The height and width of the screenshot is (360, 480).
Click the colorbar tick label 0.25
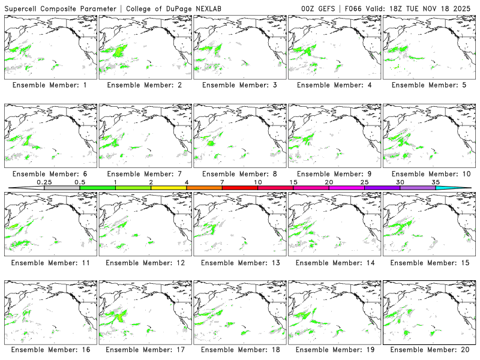44,182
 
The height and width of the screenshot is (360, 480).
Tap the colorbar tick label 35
436,182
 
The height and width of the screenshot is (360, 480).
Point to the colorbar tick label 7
222,182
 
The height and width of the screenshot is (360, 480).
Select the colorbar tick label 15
293,182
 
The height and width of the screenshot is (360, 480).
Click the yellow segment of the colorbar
169,188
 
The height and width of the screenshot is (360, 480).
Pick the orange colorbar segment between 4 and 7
204,188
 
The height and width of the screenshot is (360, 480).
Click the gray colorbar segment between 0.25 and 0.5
62,188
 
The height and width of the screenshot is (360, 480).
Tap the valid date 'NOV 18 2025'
450,8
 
